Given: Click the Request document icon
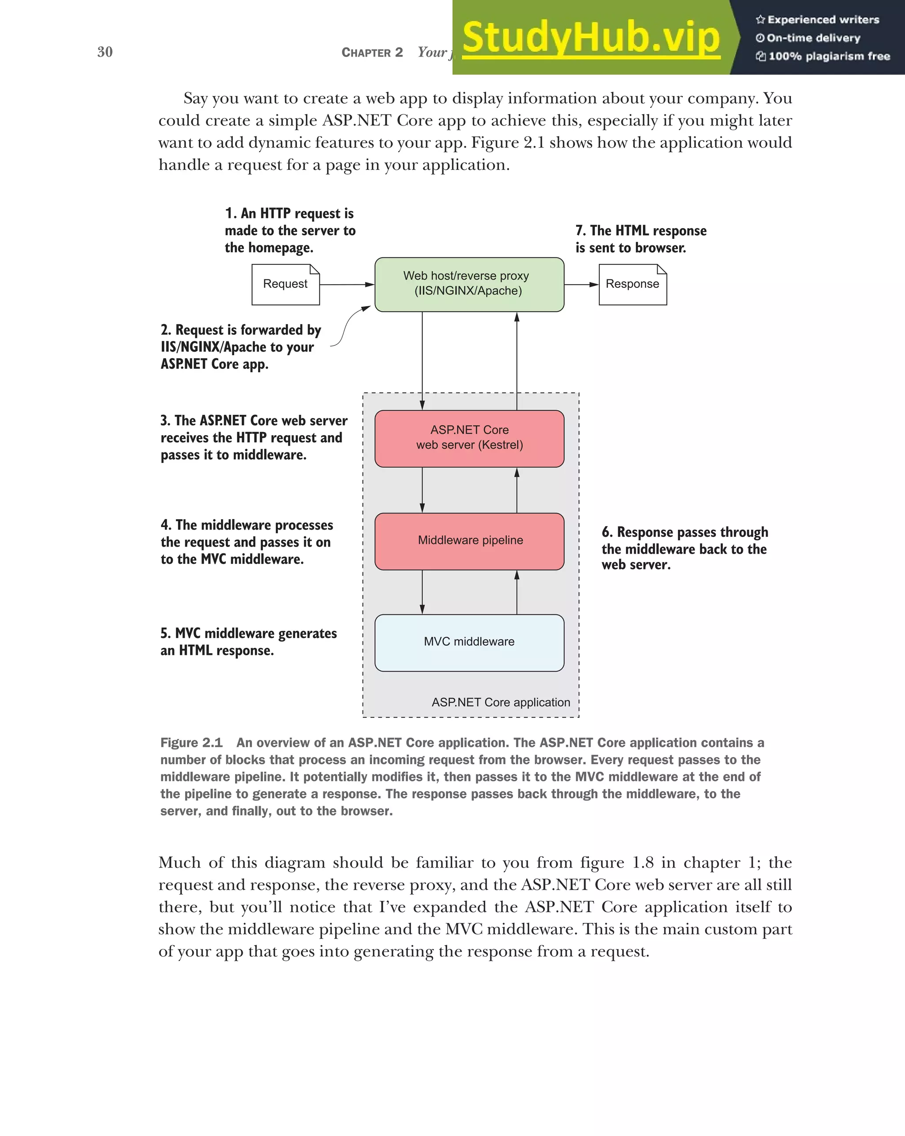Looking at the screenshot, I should [285, 284].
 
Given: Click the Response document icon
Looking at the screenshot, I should [632, 284].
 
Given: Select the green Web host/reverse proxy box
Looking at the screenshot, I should [469, 284].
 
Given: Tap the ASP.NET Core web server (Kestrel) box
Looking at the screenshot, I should [469, 438].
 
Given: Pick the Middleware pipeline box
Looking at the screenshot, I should [469, 541].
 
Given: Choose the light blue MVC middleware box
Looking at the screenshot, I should [469, 643].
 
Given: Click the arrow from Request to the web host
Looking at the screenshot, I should [347, 284].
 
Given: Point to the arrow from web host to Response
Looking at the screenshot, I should [581, 284].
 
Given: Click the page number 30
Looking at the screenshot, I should [105, 52].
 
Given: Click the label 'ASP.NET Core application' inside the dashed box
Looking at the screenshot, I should [501, 702].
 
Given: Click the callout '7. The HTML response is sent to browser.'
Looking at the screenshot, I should [641, 239].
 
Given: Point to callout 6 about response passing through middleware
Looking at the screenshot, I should [684, 548].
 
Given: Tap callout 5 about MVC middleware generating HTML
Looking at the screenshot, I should [248, 641].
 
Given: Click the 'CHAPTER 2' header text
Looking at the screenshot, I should [372, 53].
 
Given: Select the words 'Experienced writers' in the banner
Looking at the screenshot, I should [823, 20].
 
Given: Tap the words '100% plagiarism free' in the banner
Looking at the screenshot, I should [829, 56].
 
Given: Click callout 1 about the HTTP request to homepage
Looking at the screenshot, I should [289, 230].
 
